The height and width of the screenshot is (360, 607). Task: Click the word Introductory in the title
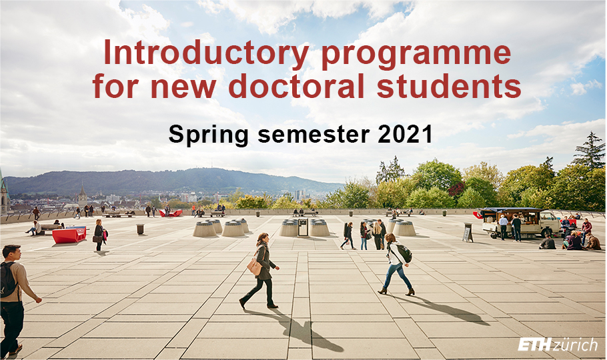pos(206,53)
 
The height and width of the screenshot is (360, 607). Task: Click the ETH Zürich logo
pos(558,344)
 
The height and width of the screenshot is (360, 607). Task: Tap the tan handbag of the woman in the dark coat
pos(254,266)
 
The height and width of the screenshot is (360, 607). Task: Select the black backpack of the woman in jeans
pos(403,253)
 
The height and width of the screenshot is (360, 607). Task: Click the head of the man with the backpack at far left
pos(11,253)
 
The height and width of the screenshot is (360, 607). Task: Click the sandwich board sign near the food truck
pos(468,232)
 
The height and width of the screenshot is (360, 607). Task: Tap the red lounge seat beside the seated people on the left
pos(69,235)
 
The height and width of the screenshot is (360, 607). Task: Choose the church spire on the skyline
pos(83,196)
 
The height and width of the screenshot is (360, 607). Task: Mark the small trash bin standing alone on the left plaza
pos(140,229)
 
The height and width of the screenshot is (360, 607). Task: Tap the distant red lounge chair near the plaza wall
pos(171,213)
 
